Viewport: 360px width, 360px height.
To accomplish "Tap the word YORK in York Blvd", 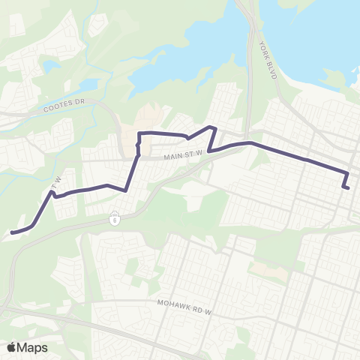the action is tap(263, 49).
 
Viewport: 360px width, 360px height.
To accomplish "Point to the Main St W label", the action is tap(178, 157).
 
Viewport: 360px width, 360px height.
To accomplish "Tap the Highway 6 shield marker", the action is tap(115, 220).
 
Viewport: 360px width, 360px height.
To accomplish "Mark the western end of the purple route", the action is tap(12, 232).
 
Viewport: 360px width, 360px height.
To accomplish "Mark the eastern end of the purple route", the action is tap(349, 187).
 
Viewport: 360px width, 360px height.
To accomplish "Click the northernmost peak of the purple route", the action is tap(214, 127).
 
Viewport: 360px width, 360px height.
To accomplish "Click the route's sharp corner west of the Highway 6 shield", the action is tap(124, 190).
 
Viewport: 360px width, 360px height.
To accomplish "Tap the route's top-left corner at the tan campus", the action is tap(139, 133).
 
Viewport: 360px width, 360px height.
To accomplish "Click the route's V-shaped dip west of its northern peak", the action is tap(188, 138).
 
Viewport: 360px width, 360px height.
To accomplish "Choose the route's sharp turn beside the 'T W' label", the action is tap(52, 193).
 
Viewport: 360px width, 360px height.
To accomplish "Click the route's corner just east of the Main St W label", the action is tap(209, 151).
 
